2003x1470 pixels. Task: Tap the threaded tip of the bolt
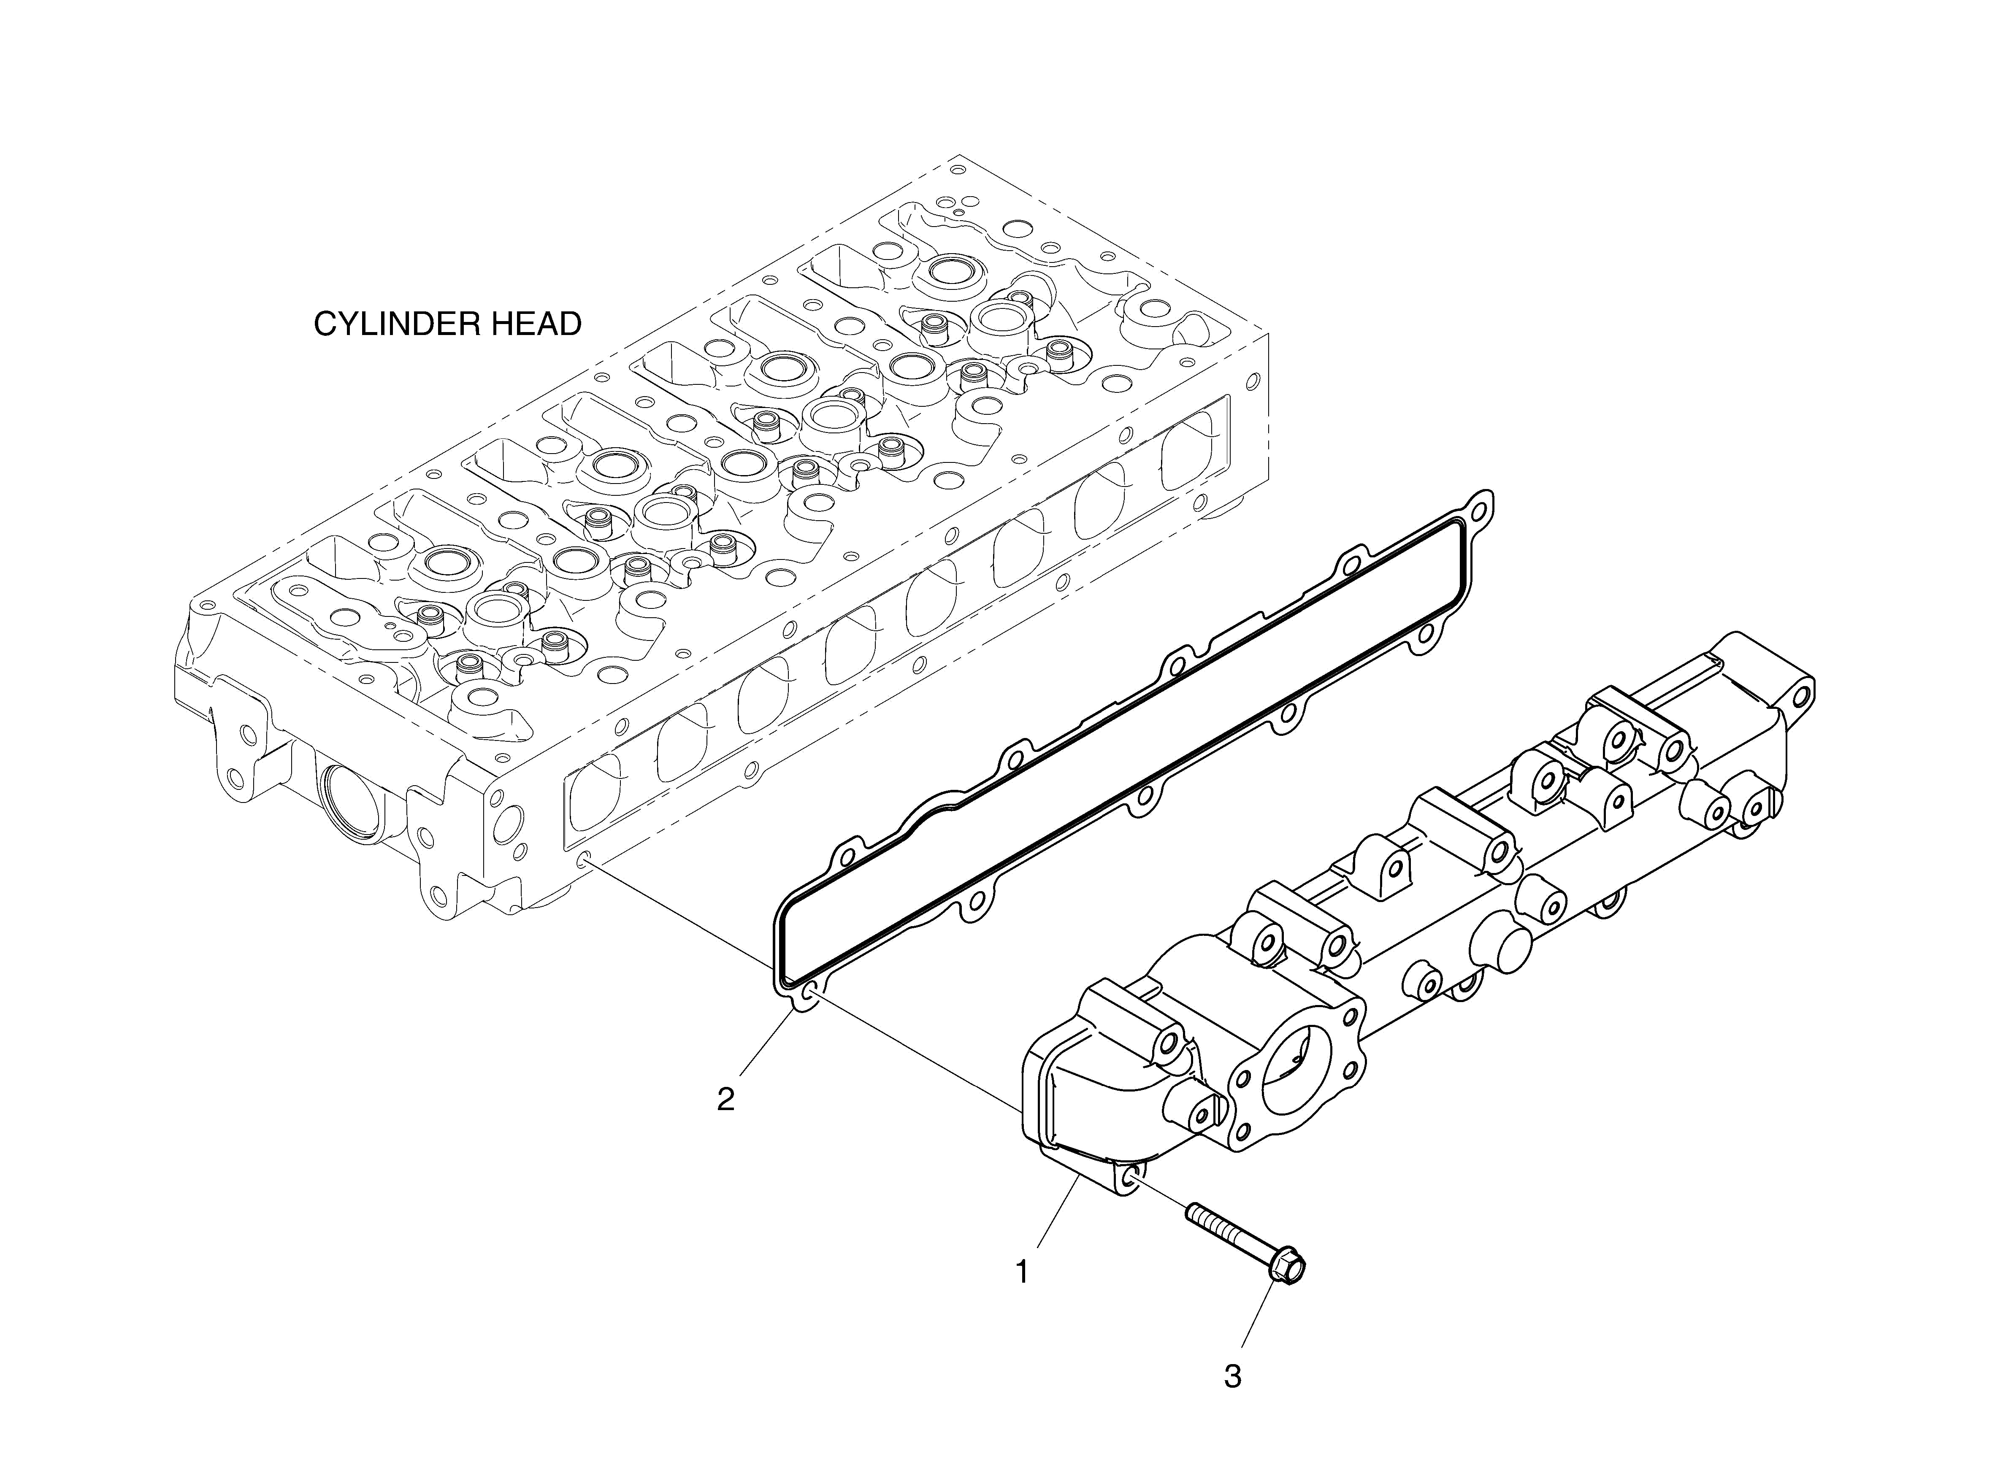click(x=1194, y=1212)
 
